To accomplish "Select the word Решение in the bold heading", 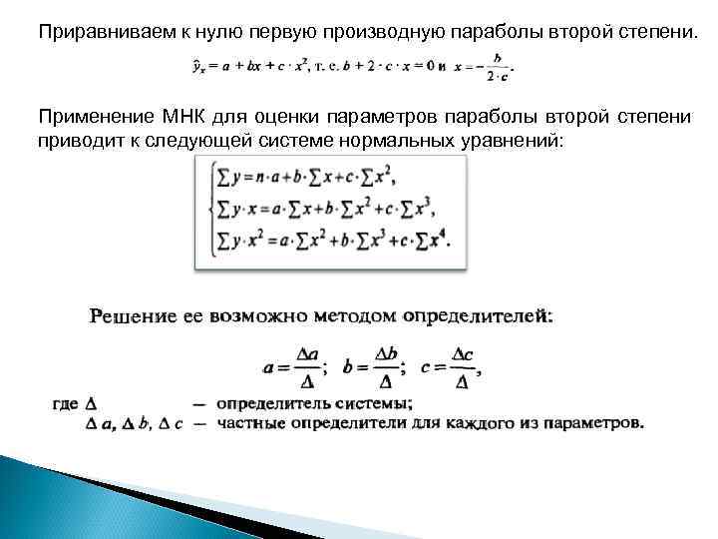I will pos(136,316).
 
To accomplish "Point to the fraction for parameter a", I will pos(295,367).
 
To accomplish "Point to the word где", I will pos(64,404).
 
